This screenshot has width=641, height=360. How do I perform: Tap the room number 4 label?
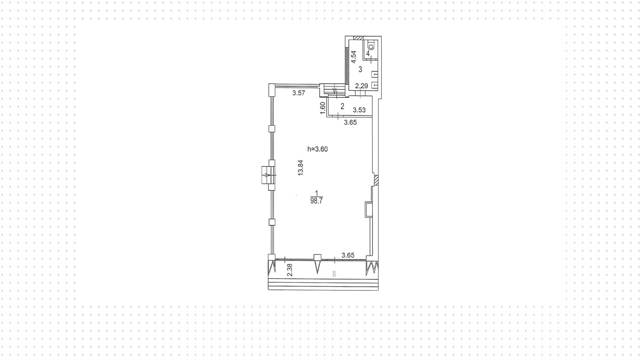pos(368,53)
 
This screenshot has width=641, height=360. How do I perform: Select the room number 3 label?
pos(360,69)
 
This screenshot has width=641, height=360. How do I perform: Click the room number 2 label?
pos(342,107)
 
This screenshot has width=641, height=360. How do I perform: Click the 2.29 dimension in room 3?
pos(361,86)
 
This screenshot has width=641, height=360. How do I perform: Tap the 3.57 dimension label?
pos(299,93)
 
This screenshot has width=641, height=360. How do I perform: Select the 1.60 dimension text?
pos(323,108)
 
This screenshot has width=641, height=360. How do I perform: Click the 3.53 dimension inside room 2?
pos(359,110)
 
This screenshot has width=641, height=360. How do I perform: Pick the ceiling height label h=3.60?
pos(317,149)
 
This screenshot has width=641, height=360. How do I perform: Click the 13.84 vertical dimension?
pos(301,168)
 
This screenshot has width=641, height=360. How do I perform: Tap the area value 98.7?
pos(316,201)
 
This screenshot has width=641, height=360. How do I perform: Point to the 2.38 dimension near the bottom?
pos(290,270)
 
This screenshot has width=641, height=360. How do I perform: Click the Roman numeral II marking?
pos(334,274)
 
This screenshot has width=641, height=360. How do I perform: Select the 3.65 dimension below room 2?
pos(350,123)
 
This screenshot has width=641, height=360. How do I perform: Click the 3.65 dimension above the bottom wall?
pos(348,255)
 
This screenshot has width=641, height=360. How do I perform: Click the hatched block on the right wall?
pos(376,180)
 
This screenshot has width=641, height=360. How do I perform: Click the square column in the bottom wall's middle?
pos(317,257)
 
